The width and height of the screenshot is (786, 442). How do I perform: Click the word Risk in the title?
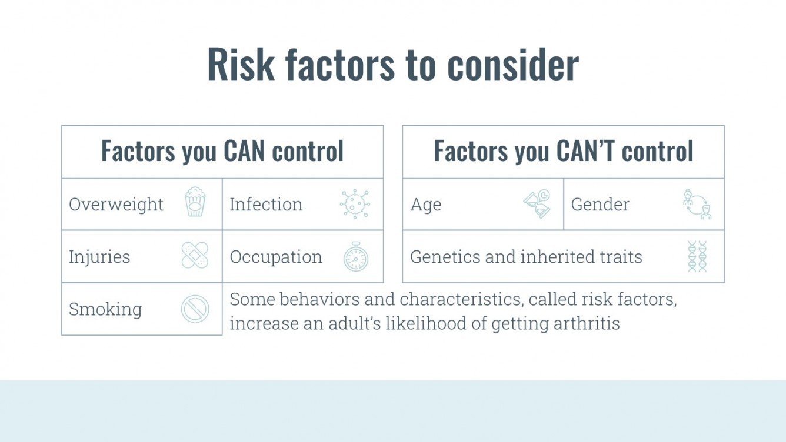[x=241, y=65]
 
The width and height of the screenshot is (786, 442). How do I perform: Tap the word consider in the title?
[x=513, y=65]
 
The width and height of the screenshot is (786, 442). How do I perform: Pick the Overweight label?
[x=116, y=205]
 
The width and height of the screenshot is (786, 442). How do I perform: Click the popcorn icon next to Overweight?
[x=195, y=202]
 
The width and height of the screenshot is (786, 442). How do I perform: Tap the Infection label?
[x=266, y=205]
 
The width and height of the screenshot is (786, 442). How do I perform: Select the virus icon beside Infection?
[x=355, y=204]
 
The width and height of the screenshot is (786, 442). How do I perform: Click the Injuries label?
[x=99, y=257]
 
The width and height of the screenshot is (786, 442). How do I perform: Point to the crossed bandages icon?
[x=195, y=255]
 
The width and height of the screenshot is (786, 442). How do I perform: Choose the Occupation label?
[x=276, y=257]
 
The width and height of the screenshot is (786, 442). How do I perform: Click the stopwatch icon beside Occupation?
[x=356, y=257]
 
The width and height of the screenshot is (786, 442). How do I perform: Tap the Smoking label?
[x=105, y=310]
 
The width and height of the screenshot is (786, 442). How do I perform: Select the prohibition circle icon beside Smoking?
[x=195, y=309]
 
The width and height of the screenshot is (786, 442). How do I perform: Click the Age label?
[x=425, y=205]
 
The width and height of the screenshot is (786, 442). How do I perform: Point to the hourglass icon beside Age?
[x=537, y=204]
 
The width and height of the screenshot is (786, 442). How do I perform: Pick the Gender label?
[x=600, y=205]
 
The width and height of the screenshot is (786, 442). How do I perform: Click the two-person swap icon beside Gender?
[x=697, y=204]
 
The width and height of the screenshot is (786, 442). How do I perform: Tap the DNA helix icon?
[x=697, y=256]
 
